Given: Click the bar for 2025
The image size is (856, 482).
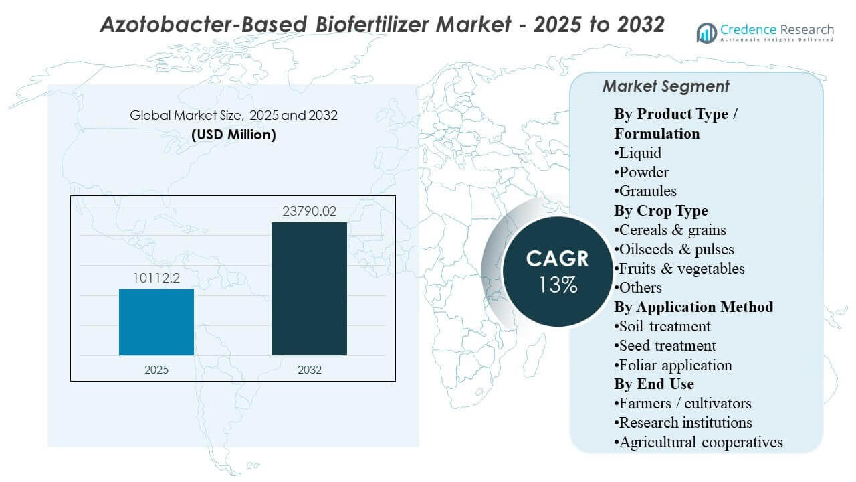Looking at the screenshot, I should pyautogui.click(x=156, y=322).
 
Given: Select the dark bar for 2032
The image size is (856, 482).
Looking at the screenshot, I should pyautogui.click(x=309, y=289).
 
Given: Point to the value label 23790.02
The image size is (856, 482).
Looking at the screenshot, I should pyautogui.click(x=309, y=212).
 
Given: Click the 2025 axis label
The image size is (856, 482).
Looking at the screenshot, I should pyautogui.click(x=156, y=370).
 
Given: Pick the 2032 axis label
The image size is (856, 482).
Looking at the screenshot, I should pyautogui.click(x=309, y=370).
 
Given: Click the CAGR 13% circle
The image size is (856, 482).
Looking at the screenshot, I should pyautogui.click(x=557, y=271).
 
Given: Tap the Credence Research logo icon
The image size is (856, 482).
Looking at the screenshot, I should pyautogui.click(x=707, y=32).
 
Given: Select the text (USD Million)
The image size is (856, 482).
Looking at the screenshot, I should pyautogui.click(x=233, y=134).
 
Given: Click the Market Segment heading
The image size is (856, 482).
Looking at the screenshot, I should pyautogui.click(x=665, y=86).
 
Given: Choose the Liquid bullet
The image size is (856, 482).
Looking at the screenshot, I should pyautogui.click(x=639, y=153).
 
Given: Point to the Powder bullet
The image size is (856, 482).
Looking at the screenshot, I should pyautogui.click(x=642, y=172).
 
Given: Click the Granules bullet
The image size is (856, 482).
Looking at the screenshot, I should pyautogui.click(x=646, y=191).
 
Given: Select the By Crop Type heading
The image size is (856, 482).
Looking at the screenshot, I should pyautogui.click(x=661, y=211).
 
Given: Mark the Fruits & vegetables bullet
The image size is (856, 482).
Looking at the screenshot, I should pyautogui.click(x=679, y=268).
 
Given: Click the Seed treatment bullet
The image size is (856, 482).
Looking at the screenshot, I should pyautogui.click(x=665, y=345).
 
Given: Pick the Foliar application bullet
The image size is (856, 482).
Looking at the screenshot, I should pyautogui.click(x=673, y=365).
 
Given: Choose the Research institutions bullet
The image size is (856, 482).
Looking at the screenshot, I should pyautogui.click(x=683, y=422).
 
